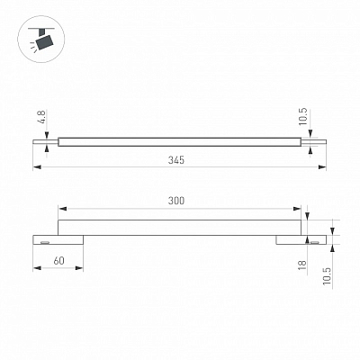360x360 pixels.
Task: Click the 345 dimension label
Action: point(176,160)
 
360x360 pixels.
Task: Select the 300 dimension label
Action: point(176,201)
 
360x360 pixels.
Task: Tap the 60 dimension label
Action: point(58,261)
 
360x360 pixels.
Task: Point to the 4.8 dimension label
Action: point(42,117)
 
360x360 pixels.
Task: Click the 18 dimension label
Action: point(302,265)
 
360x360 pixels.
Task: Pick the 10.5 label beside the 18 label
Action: point(327,276)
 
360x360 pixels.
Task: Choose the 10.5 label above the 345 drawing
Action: point(303,116)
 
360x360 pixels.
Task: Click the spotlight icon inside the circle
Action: point(41,39)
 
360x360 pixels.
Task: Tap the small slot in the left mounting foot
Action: point(45,242)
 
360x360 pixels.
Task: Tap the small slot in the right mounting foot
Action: point(315,242)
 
